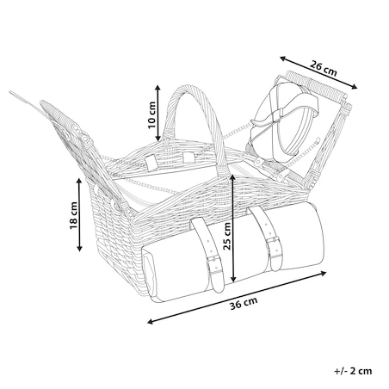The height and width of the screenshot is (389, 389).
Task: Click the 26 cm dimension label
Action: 323,69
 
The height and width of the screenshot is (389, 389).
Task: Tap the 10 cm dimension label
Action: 151,115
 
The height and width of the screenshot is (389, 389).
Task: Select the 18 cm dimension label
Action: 74,216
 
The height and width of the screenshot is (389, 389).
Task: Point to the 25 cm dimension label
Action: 227,237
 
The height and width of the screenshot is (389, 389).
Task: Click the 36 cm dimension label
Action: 244,304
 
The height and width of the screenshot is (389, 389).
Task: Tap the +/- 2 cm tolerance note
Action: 353,371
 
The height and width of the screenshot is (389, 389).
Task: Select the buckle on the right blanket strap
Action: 272,243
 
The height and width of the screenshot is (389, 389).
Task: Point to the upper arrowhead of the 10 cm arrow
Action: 157,88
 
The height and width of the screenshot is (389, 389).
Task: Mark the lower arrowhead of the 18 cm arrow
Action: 79,248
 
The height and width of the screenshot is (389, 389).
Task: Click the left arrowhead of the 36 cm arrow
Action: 151,322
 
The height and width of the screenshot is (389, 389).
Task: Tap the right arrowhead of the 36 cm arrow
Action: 323,273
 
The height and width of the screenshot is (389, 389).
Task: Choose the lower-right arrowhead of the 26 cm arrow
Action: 354,87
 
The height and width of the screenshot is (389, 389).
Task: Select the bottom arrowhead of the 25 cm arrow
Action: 234,278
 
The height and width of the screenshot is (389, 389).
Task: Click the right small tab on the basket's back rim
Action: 188,157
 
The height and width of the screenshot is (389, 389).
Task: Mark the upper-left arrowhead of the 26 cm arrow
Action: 284,59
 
